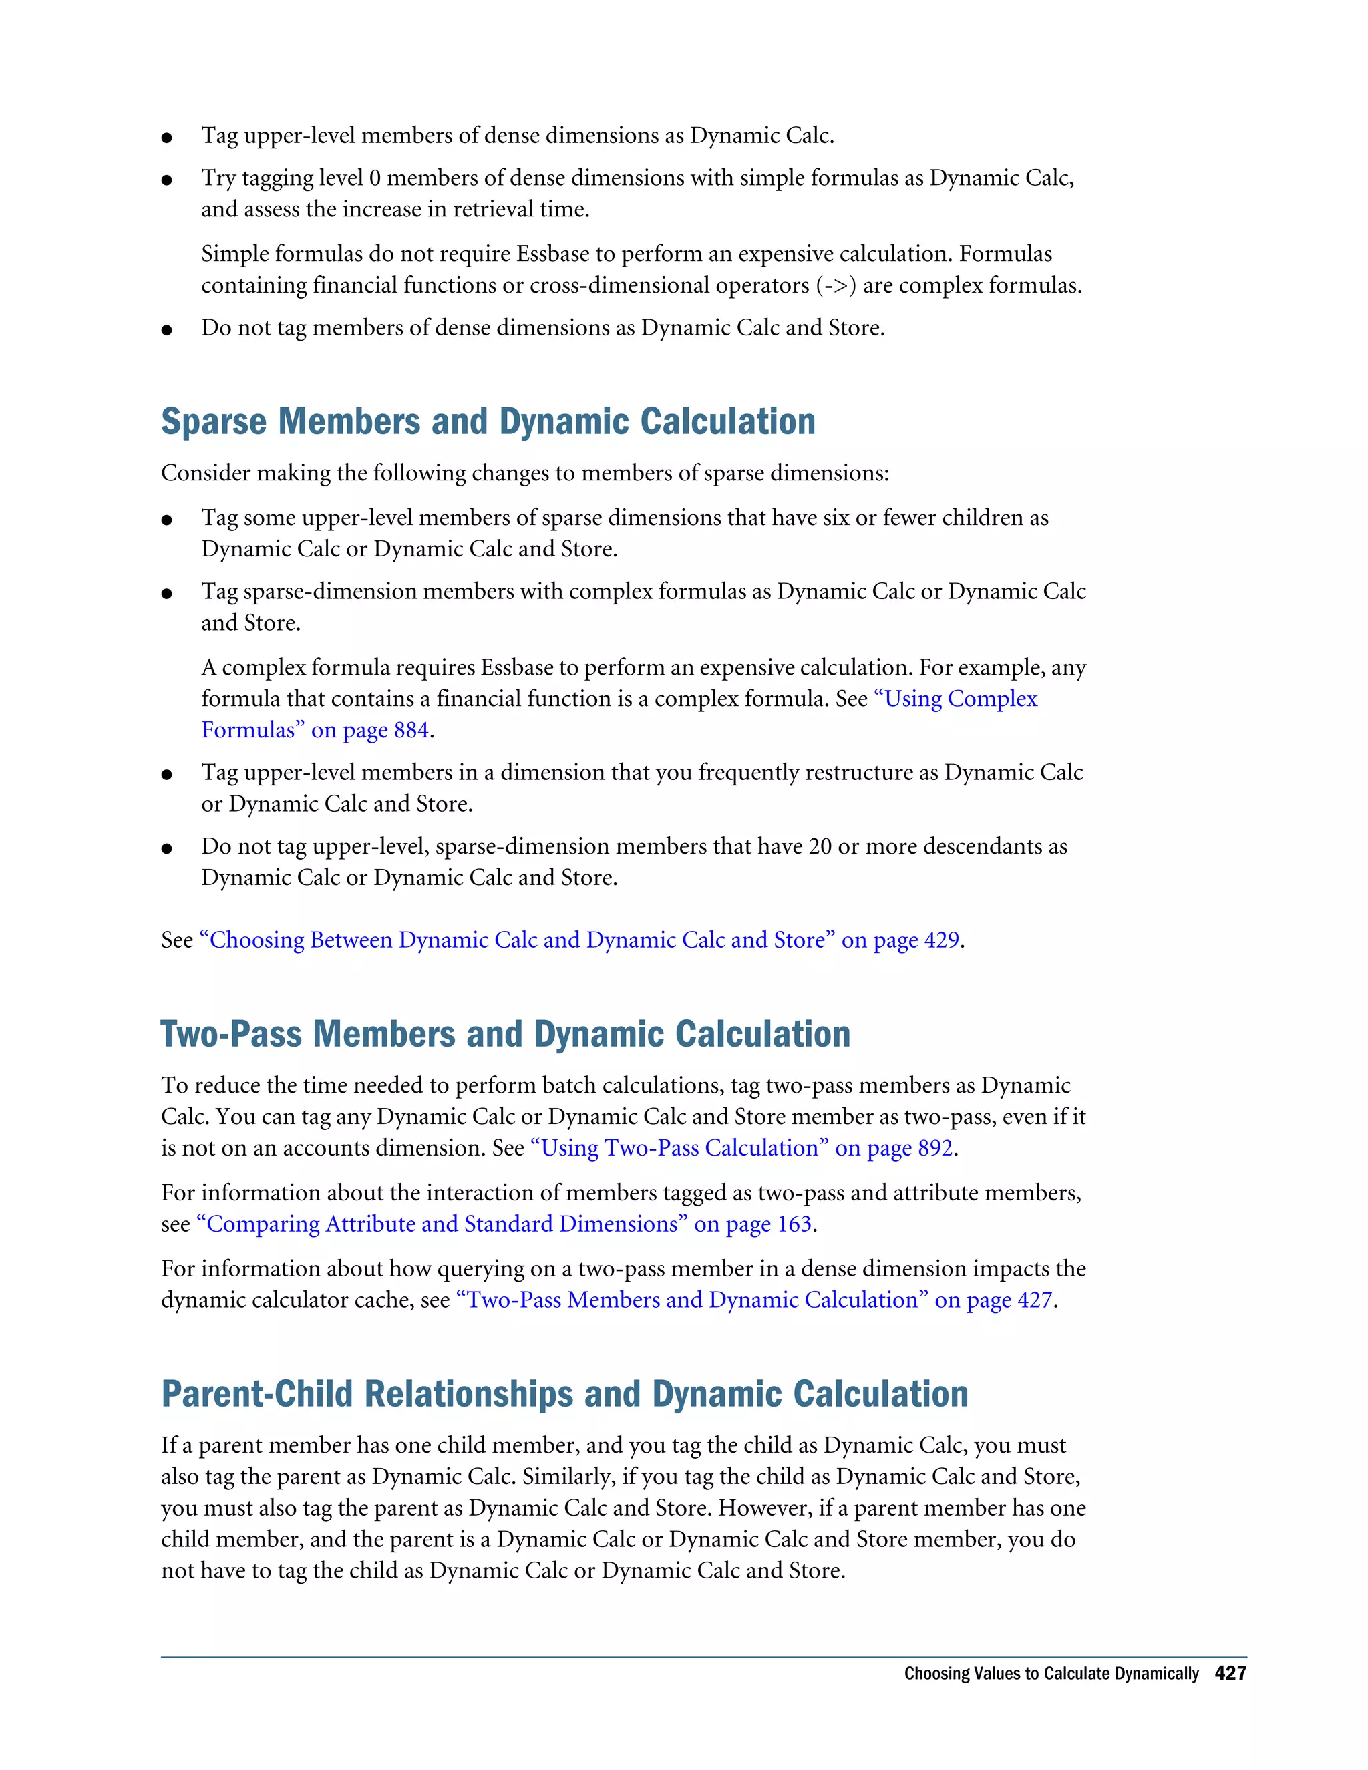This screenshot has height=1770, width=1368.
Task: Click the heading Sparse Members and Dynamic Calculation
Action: coord(488,422)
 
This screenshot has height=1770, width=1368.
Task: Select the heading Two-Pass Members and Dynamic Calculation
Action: coord(506,1035)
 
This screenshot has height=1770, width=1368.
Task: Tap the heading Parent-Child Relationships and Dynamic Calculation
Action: coord(564,1395)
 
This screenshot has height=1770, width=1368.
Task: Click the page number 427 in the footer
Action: coord(1230,1674)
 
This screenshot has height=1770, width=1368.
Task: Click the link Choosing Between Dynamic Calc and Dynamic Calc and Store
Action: coord(579,940)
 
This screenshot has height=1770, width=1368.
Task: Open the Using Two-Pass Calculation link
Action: coord(741,1148)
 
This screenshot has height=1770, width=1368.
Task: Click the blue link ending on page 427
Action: coord(753,1300)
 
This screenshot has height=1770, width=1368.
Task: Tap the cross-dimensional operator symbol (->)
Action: coord(836,286)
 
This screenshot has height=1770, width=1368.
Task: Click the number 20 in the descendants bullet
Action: coord(820,847)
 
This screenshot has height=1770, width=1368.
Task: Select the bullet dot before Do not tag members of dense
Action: coord(167,330)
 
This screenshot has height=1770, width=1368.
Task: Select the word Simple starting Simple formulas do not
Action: coord(235,254)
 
